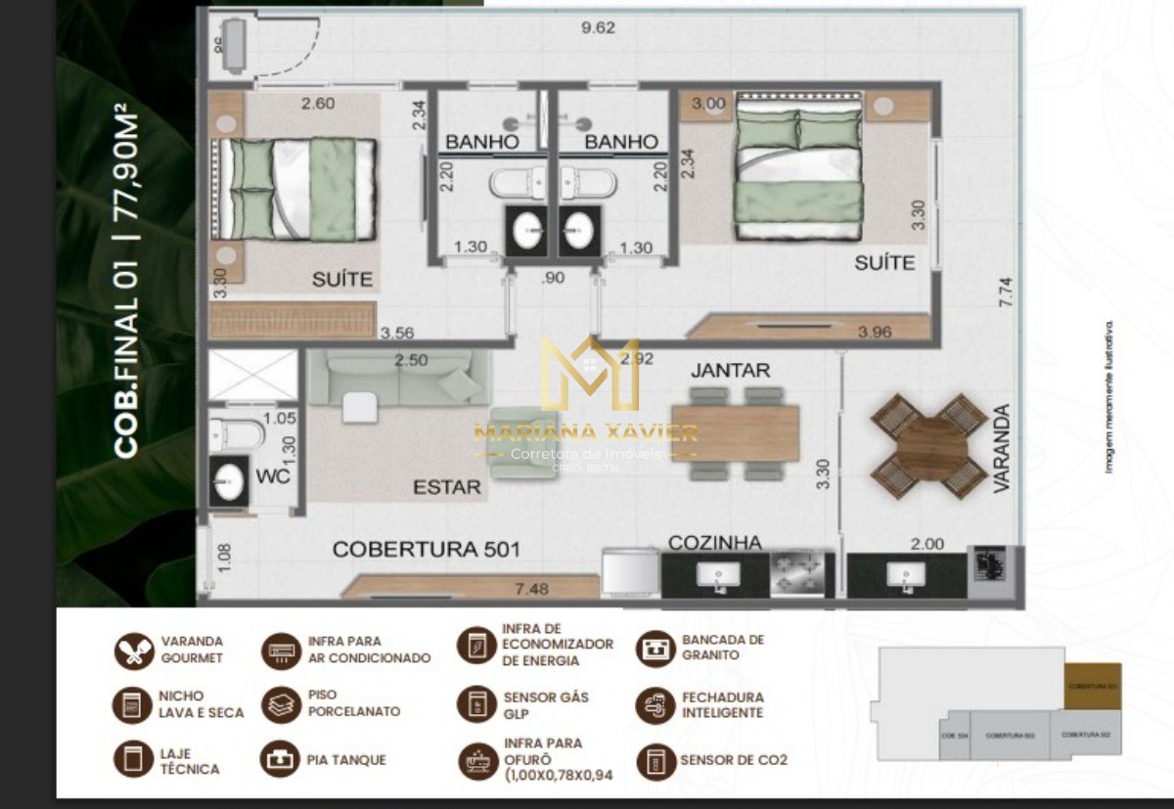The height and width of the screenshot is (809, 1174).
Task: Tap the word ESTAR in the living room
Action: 446,487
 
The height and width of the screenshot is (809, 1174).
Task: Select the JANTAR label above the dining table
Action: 730,371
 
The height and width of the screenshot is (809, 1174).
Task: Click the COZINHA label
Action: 715,543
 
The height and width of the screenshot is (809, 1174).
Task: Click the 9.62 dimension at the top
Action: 598,27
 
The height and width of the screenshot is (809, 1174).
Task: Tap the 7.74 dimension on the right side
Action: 1004,294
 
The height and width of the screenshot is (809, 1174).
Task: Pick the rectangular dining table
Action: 736,432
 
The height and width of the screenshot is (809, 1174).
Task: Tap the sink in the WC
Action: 229,481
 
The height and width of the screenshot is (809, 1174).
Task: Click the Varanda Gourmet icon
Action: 133,651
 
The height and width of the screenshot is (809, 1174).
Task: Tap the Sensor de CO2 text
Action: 734,760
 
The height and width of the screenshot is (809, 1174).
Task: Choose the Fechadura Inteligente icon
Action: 655,705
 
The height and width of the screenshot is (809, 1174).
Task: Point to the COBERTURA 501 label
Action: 426,550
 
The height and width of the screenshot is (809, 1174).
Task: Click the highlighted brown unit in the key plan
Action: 1092,685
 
